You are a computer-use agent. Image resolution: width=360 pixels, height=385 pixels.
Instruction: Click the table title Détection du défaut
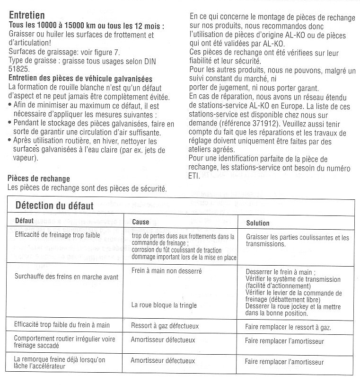(x=54, y=206)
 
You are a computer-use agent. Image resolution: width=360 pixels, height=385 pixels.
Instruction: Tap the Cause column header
(x=140, y=222)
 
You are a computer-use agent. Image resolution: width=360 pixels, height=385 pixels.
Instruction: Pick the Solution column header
(x=258, y=223)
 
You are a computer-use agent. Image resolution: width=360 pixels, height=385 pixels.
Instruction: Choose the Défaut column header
(x=24, y=221)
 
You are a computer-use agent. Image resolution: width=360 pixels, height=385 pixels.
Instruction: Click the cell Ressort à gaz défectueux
(x=165, y=326)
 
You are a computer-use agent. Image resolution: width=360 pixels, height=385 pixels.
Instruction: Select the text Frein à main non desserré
(x=167, y=271)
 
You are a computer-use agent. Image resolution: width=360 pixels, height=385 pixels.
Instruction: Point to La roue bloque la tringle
(x=164, y=305)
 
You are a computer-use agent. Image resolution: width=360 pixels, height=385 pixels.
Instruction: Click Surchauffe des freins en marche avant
(x=67, y=277)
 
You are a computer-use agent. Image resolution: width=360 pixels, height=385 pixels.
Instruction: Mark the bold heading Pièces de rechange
(x=39, y=179)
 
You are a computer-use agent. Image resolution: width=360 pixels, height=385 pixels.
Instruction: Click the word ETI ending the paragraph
(x=194, y=176)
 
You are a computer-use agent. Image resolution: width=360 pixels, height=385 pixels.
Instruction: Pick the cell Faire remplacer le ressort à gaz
(x=288, y=327)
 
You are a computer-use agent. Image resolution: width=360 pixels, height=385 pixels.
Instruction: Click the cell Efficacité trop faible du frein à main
(x=62, y=325)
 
